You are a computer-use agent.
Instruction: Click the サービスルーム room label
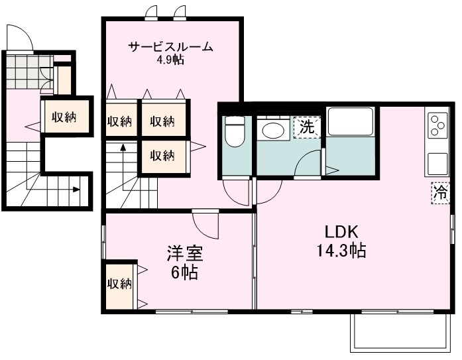tap(170, 47)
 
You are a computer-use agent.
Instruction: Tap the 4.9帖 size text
tap(170, 60)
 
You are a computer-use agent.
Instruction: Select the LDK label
tap(341, 233)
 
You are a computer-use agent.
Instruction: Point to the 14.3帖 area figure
tap(341, 251)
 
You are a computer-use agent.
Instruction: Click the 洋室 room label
tap(184, 253)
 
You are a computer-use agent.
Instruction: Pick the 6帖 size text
tap(184, 272)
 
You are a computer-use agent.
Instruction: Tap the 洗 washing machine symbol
tap(307, 127)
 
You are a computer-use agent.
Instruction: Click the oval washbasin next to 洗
tap(272, 130)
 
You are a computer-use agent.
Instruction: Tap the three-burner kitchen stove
tap(438, 124)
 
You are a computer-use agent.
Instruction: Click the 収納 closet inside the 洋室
tap(119, 284)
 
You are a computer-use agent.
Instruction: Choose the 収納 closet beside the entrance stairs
tap(64, 117)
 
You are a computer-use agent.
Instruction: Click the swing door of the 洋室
tap(205, 223)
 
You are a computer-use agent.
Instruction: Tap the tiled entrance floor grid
tap(27, 66)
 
